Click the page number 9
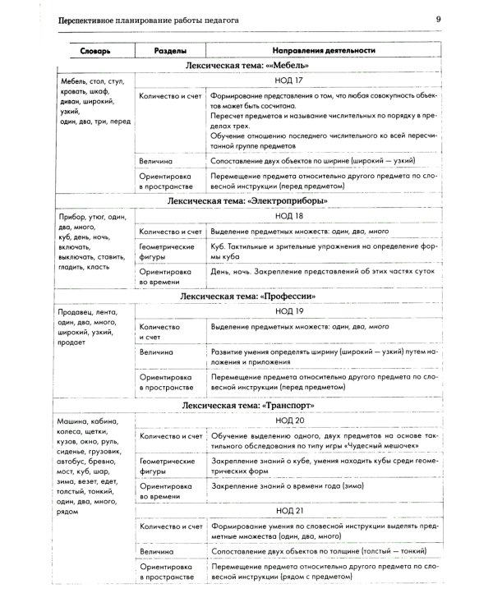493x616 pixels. (438, 19)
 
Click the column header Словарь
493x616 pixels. (94, 51)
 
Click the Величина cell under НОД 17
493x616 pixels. (156, 161)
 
